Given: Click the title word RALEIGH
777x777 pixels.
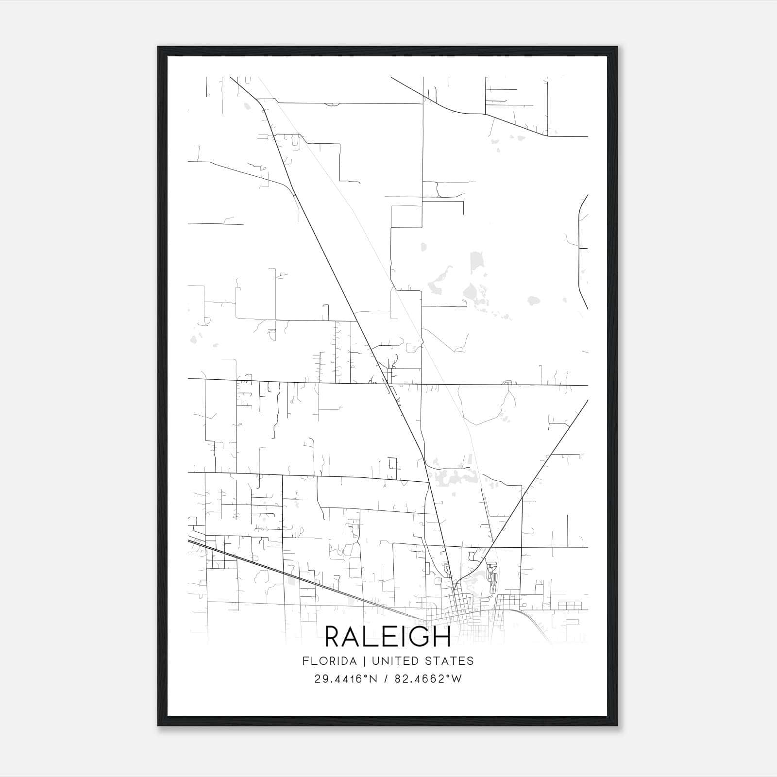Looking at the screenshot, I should pyautogui.click(x=388, y=637).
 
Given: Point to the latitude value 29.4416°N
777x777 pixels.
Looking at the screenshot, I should pyautogui.click(x=346, y=679).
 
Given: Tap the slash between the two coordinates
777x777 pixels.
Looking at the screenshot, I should pyautogui.click(x=387, y=679).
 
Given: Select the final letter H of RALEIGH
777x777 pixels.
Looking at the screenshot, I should pyautogui.click(x=442, y=637).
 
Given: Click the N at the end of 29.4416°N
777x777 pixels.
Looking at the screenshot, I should pyautogui.click(x=374, y=679).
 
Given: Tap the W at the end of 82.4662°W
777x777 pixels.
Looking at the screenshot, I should pyautogui.click(x=456, y=679).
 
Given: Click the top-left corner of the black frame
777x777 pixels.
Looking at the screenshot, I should pyautogui.click(x=158, y=47).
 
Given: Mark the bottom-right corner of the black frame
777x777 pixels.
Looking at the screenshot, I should pyautogui.click(x=617, y=726).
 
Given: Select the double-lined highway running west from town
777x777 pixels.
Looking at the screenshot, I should pyautogui.click(x=291, y=578).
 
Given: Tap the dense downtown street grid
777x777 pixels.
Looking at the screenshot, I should pyautogui.click(x=464, y=605).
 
